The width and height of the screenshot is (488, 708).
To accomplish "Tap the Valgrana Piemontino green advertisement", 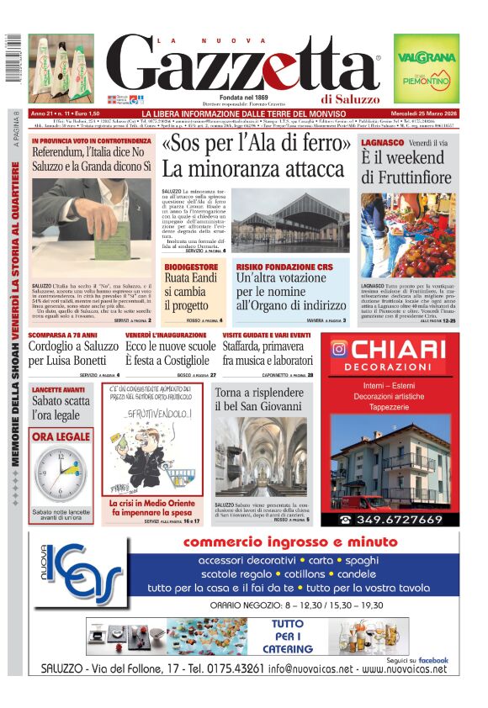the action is [427, 68].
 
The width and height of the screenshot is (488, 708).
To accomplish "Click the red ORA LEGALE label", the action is [60, 436].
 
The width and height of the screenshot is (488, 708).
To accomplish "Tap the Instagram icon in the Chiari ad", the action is [339, 348].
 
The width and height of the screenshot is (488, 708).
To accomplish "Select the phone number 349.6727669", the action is [400, 520].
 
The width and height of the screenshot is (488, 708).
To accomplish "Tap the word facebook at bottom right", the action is [432, 661].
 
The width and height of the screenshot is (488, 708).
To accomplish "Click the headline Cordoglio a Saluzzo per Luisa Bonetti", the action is [72, 354].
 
